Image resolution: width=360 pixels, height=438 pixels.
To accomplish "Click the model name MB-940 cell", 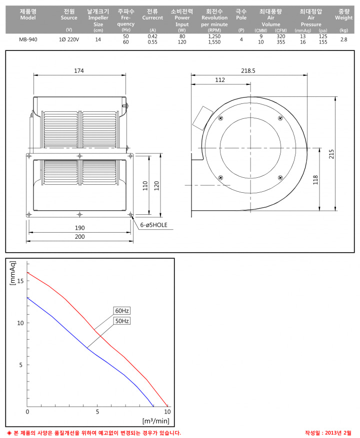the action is click(28, 39).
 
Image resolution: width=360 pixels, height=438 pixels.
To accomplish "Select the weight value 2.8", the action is click(344, 39).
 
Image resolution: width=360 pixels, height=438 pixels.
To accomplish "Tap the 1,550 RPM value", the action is click(214, 42).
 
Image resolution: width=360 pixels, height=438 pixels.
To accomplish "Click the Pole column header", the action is click(241, 14).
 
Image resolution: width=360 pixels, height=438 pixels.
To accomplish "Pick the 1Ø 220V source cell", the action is click(69, 39).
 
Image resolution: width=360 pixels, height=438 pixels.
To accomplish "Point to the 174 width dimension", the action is click(79, 71).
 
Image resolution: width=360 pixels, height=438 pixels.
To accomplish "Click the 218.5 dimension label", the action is click(248, 71).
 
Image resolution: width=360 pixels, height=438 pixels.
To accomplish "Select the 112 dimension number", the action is click(220, 80).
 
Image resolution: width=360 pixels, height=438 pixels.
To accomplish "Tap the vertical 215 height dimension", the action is click(331, 154).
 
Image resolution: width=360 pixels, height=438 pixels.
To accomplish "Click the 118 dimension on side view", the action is click(315, 180).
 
